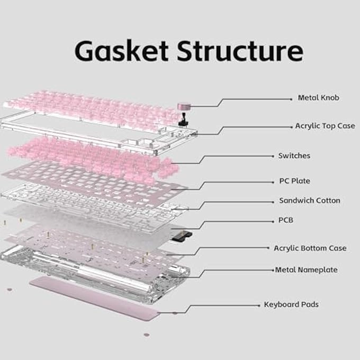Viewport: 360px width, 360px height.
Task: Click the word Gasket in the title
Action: (x=122, y=51)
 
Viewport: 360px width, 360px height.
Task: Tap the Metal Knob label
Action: (x=318, y=98)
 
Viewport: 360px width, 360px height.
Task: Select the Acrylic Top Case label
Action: (x=325, y=127)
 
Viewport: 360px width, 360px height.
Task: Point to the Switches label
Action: (x=294, y=156)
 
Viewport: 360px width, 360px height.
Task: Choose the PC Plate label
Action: (x=294, y=181)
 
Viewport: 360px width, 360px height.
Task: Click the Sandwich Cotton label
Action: (x=310, y=201)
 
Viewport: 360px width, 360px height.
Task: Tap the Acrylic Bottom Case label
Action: (x=310, y=248)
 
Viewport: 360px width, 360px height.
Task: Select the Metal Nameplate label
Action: (x=306, y=270)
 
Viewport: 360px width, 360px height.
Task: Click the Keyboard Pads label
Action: (x=291, y=305)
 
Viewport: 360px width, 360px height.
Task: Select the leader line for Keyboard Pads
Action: (x=222, y=305)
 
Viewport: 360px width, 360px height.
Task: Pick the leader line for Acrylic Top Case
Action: (x=254, y=127)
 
